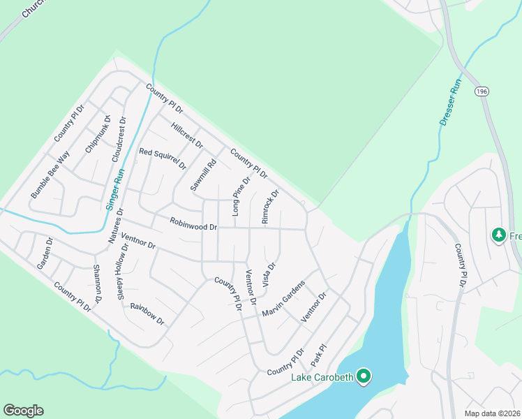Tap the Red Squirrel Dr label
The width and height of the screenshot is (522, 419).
[x=163, y=159]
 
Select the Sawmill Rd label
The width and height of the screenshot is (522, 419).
[x=204, y=175]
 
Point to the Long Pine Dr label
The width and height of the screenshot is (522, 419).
[x=241, y=197]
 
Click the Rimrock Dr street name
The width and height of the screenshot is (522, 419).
[x=270, y=207]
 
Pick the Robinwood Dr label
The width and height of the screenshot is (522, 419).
[x=194, y=224]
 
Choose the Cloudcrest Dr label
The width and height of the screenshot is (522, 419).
[x=120, y=140]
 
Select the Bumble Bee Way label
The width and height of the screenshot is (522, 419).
[x=50, y=174]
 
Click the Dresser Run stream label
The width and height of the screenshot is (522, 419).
[x=451, y=102]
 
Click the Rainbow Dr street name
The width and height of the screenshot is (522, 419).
[x=147, y=315]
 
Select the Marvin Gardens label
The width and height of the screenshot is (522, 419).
[x=284, y=298]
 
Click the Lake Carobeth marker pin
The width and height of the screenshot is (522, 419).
[x=363, y=377]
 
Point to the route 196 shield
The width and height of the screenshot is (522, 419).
[x=482, y=91]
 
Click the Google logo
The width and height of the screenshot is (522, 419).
[x=23, y=411]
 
